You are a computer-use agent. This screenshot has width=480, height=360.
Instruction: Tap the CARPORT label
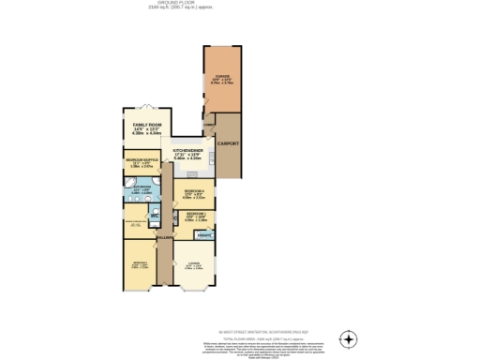[x=228, y=143]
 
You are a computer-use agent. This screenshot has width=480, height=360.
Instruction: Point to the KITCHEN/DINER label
[x=188, y=152]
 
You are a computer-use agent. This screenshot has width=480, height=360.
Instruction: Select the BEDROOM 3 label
[x=195, y=214]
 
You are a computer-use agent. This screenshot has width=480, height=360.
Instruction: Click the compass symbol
[x=349, y=338]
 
